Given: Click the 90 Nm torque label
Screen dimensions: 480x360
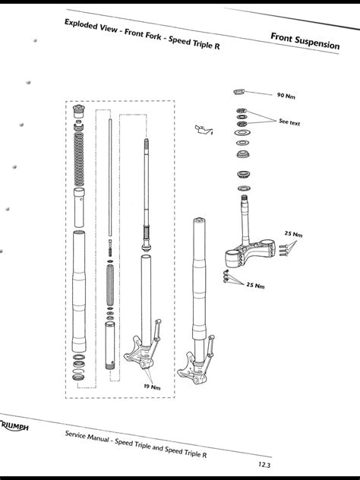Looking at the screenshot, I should coord(285,96).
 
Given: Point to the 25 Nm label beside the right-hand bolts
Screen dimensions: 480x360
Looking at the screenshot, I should coord(292,234).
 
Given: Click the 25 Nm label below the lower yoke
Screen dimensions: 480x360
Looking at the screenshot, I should coord(254,286).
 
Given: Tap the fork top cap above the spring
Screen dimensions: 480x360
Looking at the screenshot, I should coord(79,114).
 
